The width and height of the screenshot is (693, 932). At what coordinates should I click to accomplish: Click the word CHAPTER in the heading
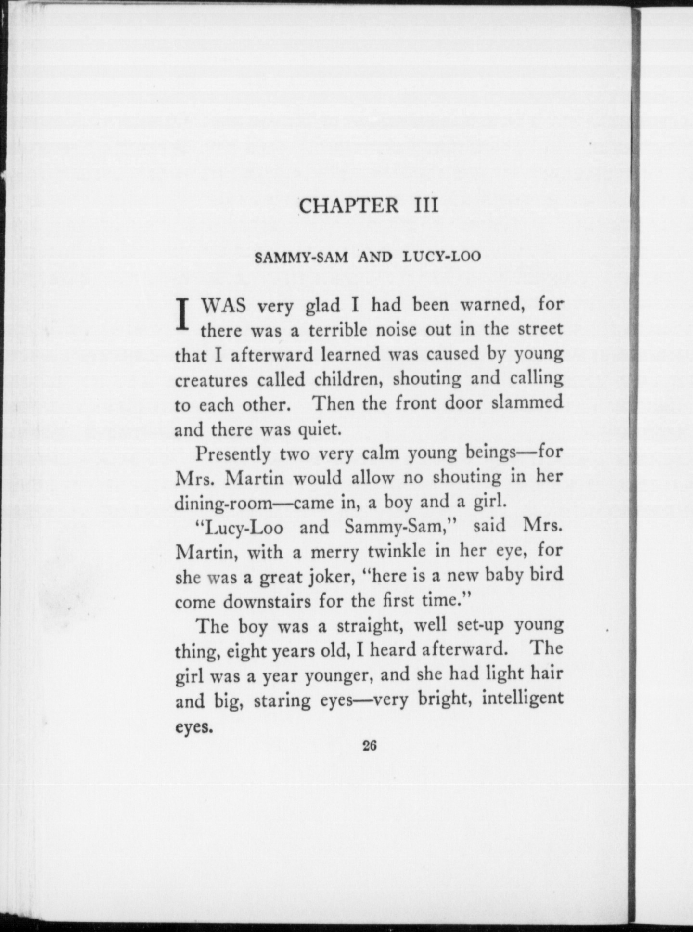coord(348,206)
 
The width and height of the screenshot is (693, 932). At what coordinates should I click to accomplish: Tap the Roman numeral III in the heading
coord(426,206)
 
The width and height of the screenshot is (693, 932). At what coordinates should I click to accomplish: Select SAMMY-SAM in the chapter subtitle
coord(301,257)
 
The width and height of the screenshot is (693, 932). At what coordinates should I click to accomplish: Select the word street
coord(540,329)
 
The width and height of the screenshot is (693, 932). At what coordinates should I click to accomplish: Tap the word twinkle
coord(397,551)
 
